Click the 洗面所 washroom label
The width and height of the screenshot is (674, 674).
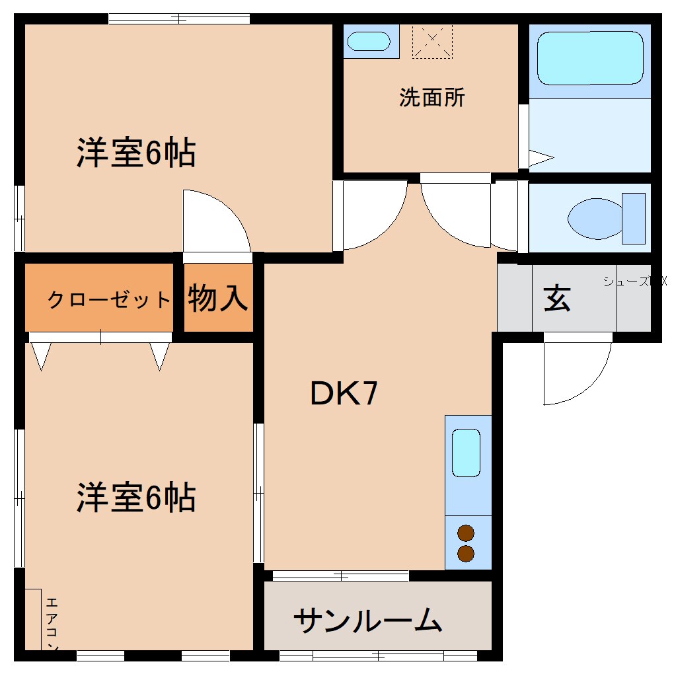[x=432, y=98]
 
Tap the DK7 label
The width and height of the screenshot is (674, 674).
[x=344, y=394]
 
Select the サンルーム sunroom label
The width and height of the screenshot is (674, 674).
[x=367, y=620]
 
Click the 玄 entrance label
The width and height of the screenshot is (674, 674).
[x=557, y=299]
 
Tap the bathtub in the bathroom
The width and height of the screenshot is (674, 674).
[x=590, y=58]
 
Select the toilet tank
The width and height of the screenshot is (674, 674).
[x=633, y=218]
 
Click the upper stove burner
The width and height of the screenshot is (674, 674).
[x=466, y=533]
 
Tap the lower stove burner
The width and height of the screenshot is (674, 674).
[x=466, y=553]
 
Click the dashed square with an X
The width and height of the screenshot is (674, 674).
[x=432, y=42]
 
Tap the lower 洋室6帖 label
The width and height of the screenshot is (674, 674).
[x=135, y=497]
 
